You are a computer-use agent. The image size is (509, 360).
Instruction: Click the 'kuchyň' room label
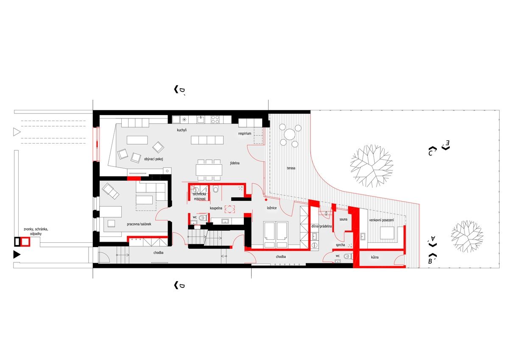pos(182,130)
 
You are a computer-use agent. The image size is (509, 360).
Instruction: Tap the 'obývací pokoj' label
pos(154,159)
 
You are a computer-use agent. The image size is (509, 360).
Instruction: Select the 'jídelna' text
pos(235,163)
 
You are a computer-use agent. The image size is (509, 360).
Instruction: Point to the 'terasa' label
pos(291,168)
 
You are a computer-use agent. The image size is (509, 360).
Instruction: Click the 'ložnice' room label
pos(271,208)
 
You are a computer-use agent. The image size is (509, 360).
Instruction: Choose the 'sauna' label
pos(343,219)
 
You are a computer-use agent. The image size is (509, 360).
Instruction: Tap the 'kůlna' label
pos(375,257)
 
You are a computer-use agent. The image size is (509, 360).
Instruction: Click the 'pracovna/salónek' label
pos(139,224)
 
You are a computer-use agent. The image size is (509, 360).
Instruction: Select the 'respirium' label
pos(244,133)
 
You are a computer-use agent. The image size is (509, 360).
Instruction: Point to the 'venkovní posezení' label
pos(381,220)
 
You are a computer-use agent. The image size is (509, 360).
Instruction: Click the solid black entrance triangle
pos(17,255)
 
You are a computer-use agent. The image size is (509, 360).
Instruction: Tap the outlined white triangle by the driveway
pos(17,132)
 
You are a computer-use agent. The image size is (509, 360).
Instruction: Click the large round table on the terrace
pos(290,134)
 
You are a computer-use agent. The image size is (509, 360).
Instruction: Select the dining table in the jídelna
pos(209,170)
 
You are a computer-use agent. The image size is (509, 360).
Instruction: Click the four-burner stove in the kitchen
pos(215,119)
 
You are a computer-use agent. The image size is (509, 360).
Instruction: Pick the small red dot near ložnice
pos(266,200)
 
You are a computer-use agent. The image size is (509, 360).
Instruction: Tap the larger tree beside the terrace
pos(372,166)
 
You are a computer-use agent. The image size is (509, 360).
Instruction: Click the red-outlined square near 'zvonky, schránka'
pos(25,242)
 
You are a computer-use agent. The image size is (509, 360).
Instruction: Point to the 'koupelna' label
pos(216,208)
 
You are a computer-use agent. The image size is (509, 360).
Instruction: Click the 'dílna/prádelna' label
pos(322,226)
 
